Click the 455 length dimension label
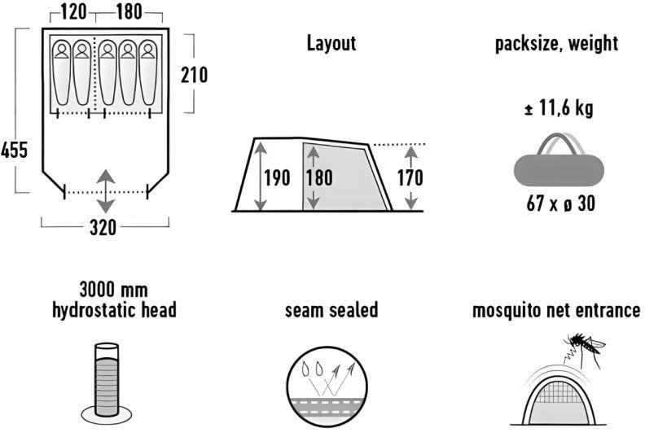[x=15, y=150]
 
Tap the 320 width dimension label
[x=103, y=227]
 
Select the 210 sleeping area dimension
[x=194, y=75]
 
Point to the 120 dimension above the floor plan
[x=74, y=11]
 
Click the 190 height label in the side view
[x=277, y=177]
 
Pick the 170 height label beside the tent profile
[x=410, y=177]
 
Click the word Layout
[x=331, y=43]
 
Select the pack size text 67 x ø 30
[x=560, y=203]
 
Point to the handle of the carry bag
[x=559, y=143]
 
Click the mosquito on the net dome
[x=585, y=347]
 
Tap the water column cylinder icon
[x=107, y=383]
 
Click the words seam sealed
[x=331, y=309]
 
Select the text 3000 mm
[x=114, y=290]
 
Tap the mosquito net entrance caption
[x=556, y=310]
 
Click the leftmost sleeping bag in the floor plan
[x=62, y=72]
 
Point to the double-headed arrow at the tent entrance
[x=106, y=191]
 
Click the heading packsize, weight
[x=556, y=44]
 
